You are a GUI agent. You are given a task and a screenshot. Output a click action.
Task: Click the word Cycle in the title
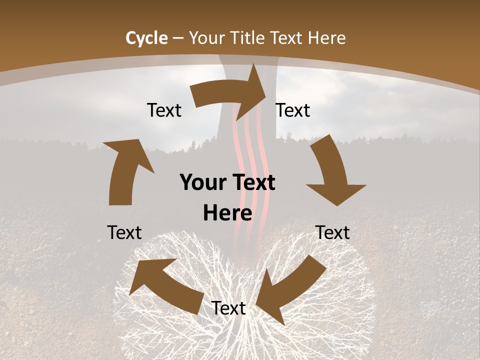tap(146, 38)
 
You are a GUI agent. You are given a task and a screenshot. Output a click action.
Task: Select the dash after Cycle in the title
tap(178, 38)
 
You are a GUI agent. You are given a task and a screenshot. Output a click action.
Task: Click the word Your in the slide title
tap(206, 38)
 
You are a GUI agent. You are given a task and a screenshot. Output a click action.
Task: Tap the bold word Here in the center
tap(227, 213)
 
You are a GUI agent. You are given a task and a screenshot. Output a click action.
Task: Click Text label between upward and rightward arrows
tap(164, 110)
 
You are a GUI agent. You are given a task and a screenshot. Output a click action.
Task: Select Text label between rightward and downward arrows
tap(293, 110)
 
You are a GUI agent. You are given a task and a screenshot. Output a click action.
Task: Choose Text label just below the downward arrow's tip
tap(332, 232)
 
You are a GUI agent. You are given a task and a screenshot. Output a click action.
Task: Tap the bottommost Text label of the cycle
tap(228, 308)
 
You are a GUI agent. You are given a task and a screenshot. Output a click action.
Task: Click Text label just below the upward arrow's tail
tap(124, 232)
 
